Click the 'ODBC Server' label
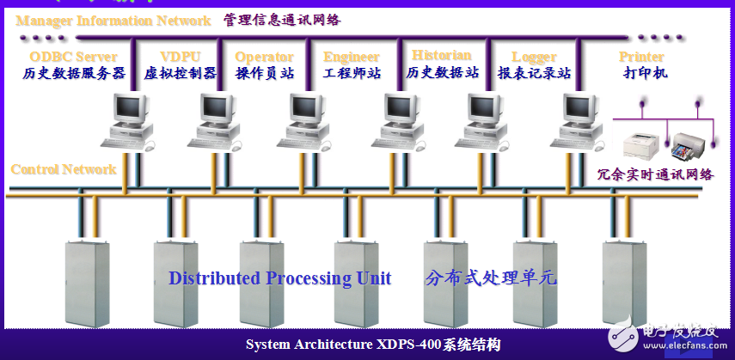tap(73, 57)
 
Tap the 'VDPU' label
tap(180, 57)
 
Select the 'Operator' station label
tap(264, 57)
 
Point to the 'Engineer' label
tap(352, 57)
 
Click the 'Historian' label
tap(441, 56)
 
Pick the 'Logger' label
tap(535, 57)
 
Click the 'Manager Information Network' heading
tap(113, 20)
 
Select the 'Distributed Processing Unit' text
tap(279, 278)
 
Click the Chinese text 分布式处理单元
tap(492, 278)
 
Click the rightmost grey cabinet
tap(625, 284)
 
